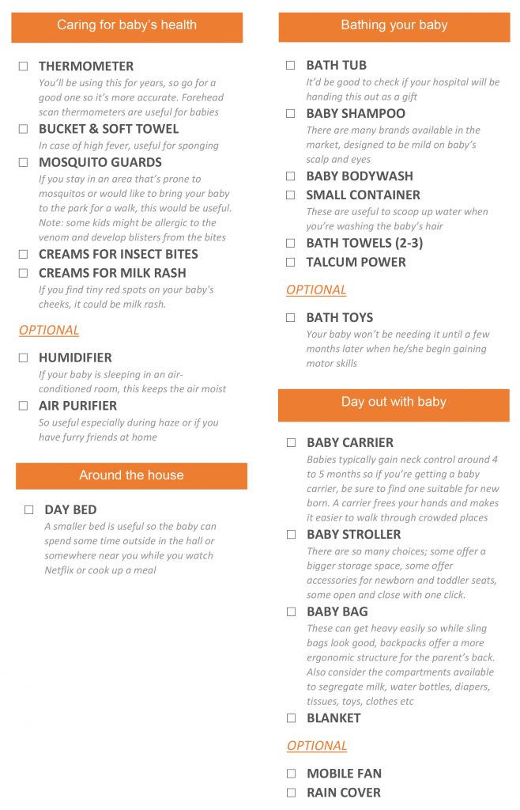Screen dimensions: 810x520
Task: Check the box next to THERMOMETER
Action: coord(24,66)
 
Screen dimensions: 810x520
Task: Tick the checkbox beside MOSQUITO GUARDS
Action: coord(24,162)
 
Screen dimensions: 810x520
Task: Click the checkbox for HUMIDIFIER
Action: coord(24,358)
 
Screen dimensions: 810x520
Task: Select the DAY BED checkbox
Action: coord(29,510)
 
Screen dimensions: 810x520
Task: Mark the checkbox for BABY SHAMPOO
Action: coord(291,114)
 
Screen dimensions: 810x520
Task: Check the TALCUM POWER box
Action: coord(291,262)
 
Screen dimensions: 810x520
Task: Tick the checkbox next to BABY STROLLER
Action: coord(291,535)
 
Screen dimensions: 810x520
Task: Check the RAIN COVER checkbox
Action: coord(291,793)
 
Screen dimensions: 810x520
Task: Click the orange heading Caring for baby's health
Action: coord(126,26)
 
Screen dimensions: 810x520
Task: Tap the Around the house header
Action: coord(131,475)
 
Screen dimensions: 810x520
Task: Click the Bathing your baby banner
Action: coord(394,26)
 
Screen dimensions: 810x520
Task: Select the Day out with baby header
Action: coord(394,403)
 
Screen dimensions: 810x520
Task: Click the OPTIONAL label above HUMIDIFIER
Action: coord(49,330)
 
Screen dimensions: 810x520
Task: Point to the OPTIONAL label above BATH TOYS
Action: coord(316,290)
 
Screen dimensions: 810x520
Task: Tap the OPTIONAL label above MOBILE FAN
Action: coord(317,745)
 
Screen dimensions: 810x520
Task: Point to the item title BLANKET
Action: coord(333,718)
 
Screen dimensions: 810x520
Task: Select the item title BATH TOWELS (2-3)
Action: coord(364,243)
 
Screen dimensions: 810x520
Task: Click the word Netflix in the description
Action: coord(60,570)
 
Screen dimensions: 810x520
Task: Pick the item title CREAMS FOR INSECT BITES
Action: coord(119,254)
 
